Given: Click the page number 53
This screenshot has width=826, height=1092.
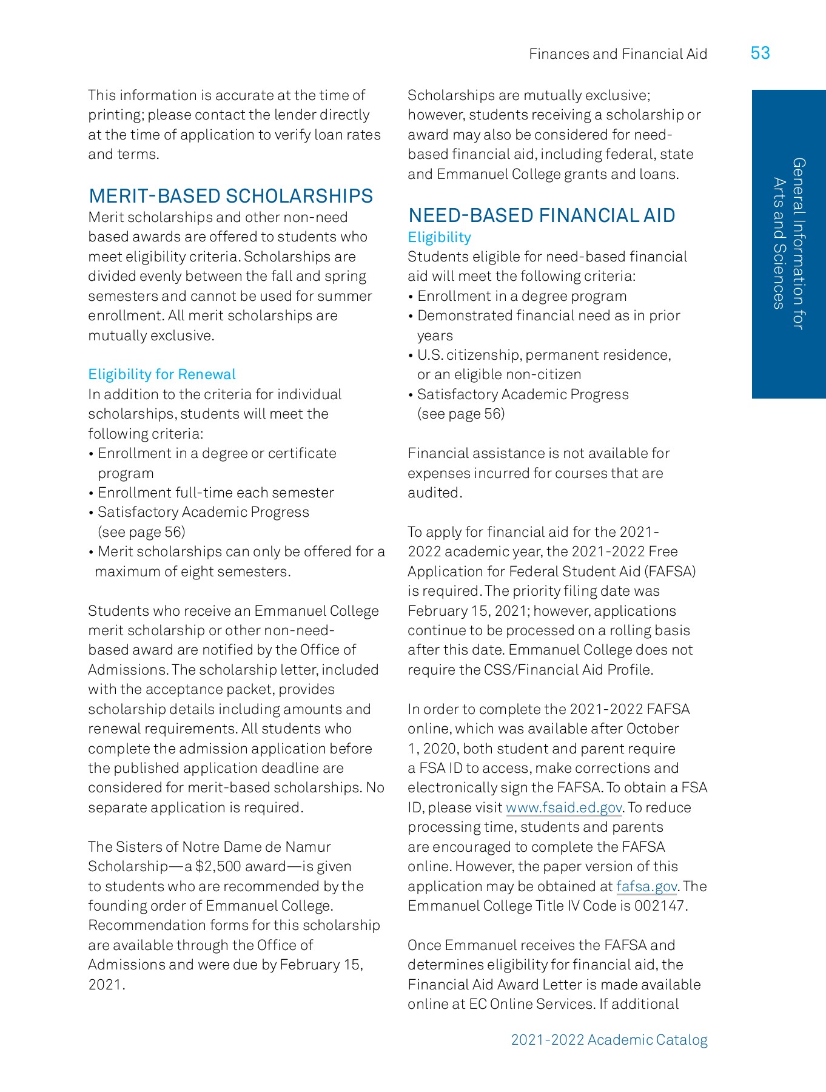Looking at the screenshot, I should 760,53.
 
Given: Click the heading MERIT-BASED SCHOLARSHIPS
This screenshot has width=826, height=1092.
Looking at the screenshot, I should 230,196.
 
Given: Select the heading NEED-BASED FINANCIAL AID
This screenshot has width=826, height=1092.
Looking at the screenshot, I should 541,215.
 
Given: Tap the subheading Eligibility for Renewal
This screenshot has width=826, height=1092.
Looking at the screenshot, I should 162,374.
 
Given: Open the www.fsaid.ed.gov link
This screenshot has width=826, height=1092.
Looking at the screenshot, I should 563,807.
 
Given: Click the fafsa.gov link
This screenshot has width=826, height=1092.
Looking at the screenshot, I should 646,886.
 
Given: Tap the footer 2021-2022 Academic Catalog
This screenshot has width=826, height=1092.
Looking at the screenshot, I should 609,1040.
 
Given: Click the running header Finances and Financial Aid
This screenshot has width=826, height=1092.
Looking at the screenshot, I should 617,54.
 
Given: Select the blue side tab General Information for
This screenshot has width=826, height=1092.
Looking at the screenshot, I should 798,243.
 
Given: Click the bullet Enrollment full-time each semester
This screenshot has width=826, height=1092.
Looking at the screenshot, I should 215,493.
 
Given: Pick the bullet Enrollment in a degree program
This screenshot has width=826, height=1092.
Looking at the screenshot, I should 522,296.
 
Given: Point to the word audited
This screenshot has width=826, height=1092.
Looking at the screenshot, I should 434,493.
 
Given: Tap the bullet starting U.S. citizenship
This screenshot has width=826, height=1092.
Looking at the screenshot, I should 543,355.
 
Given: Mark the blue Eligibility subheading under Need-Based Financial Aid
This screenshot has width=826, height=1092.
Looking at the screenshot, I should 439,237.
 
